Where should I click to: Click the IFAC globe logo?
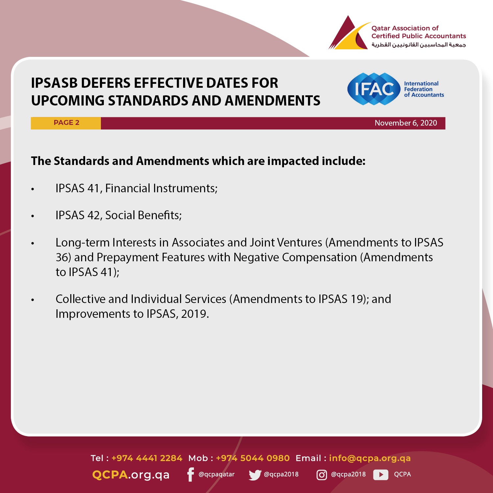tap(374, 89)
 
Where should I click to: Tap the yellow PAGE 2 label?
tap(66, 123)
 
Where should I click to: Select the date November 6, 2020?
tap(406, 123)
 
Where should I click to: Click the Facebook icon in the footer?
tap(190, 474)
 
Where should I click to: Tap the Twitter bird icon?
tap(255, 475)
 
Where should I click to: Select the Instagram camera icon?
tap(321, 475)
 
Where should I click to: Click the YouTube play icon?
tap(381, 475)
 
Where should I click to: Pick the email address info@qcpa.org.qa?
tap(370, 458)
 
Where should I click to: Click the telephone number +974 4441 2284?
tap(147, 458)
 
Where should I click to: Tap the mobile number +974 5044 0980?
tap(253, 458)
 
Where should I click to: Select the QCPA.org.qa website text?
tap(131, 475)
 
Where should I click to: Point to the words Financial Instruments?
tap(161, 188)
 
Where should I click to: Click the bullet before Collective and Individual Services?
tap(33, 300)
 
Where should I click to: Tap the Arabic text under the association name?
tap(419, 45)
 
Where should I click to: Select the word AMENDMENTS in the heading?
tap(272, 101)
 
